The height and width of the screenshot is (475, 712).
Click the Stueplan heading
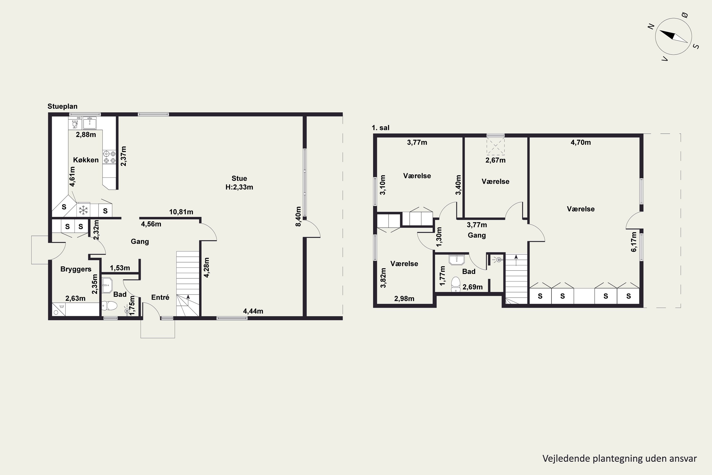pyautogui.click(x=62, y=106)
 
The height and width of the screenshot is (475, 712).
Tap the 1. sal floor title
pyautogui.click(x=380, y=128)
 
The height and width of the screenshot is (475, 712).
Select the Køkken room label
pyautogui.click(x=86, y=160)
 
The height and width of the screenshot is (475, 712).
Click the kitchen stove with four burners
pyautogui.click(x=109, y=157)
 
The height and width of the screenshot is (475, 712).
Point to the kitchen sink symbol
pyautogui.click(x=90, y=123)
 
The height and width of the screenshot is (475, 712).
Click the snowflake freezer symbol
pyautogui.click(x=83, y=210)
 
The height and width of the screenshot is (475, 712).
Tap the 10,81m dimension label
pyautogui.click(x=181, y=212)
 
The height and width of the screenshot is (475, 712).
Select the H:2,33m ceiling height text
pyautogui.click(x=239, y=187)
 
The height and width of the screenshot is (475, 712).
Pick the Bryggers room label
pyautogui.click(x=76, y=269)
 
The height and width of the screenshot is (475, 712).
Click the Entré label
pyautogui.click(x=160, y=298)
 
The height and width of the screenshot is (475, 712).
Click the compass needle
pyautogui.click(x=674, y=36)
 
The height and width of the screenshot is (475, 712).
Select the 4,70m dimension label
pyautogui.click(x=581, y=142)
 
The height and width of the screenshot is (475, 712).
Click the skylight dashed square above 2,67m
pyautogui.click(x=496, y=146)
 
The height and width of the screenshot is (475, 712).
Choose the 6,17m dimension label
pyautogui.click(x=634, y=242)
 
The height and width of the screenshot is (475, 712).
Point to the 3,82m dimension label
pyautogui.click(x=383, y=278)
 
